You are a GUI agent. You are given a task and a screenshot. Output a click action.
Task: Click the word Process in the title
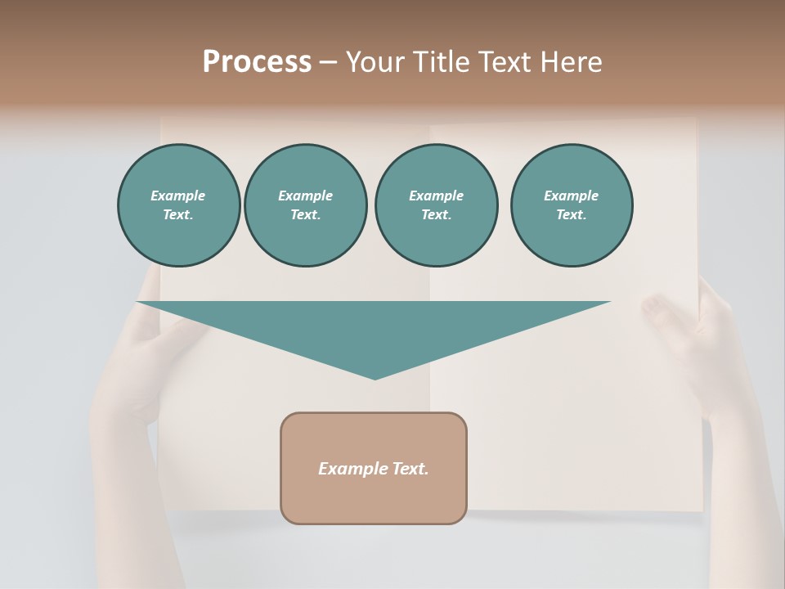pyautogui.click(x=257, y=62)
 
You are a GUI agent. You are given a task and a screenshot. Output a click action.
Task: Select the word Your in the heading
pyautogui.click(x=375, y=62)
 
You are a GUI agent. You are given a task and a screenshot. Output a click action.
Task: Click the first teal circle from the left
pyautogui.click(x=178, y=205)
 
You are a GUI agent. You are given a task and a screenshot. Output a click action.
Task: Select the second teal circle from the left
pyautogui.click(x=305, y=205)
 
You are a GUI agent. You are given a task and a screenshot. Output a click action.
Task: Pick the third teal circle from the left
pyautogui.click(x=436, y=205)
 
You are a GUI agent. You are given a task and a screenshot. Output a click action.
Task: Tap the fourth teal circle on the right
pyautogui.click(x=572, y=205)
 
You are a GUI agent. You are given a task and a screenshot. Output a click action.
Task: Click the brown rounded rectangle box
pyautogui.click(x=374, y=491)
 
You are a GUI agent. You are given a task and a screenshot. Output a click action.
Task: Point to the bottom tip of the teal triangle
pyautogui.click(x=375, y=378)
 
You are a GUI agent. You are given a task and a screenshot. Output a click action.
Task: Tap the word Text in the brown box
pyautogui.click(x=410, y=469)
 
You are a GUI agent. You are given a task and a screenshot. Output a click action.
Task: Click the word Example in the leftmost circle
pyautogui.click(x=178, y=196)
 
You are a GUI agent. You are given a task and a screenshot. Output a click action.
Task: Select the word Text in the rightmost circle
pyautogui.click(x=571, y=215)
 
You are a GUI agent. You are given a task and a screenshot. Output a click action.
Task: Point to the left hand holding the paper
pyautogui.click(x=131, y=368)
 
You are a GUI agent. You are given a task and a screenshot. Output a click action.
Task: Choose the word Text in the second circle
pyautogui.click(x=305, y=215)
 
